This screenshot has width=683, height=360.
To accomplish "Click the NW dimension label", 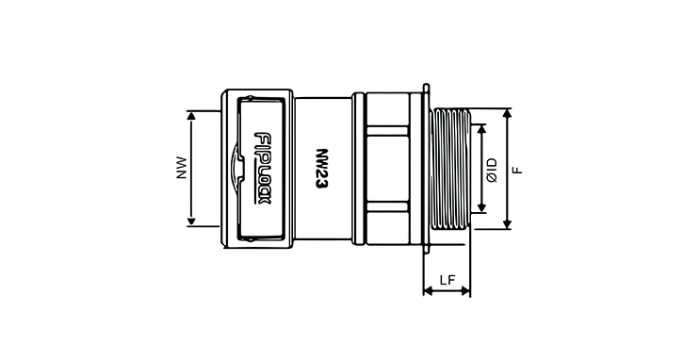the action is (181, 168).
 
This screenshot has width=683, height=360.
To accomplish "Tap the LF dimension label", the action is (447, 279).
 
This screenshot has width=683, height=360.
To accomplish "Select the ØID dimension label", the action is (492, 170).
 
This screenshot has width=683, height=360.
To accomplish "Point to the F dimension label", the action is (517, 170).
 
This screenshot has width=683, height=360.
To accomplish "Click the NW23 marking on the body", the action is (321, 169).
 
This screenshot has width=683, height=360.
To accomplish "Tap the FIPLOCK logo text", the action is (262, 169).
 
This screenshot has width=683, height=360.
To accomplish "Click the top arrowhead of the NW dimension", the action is (191, 115).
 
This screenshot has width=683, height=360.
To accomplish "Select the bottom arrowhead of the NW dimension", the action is (191, 222).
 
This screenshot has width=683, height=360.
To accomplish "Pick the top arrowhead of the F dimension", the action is (507, 113).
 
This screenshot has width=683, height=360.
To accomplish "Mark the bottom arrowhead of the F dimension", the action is (507, 224).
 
